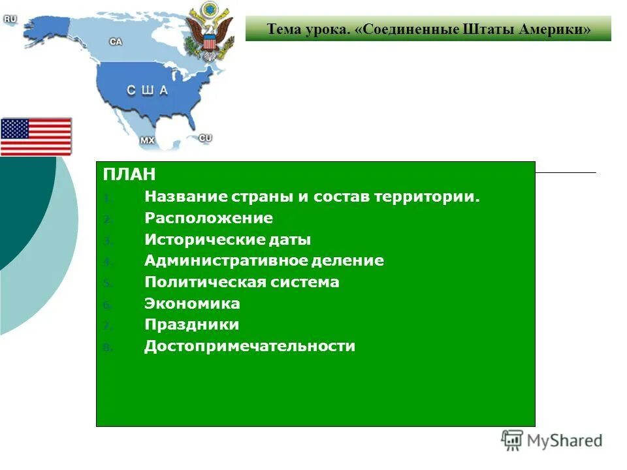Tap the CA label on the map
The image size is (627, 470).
[116, 41]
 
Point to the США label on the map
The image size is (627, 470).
[146, 91]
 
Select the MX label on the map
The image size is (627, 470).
[148, 140]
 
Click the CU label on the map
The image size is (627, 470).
[205, 138]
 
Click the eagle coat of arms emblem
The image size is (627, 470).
[209, 31]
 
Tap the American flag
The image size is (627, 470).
[36, 136]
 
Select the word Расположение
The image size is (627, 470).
[208, 218]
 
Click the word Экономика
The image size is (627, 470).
[192, 304]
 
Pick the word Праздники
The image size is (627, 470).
[191, 324]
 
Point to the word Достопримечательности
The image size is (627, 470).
[249, 346]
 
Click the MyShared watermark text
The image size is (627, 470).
[564, 441]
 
